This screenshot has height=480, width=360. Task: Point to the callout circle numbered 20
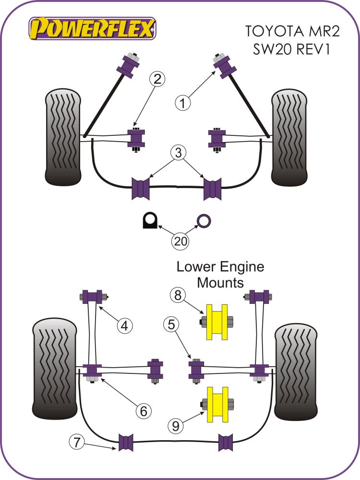click(x=180, y=241)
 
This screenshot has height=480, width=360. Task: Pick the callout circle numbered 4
click(x=125, y=326)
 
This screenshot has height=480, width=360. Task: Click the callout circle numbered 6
click(x=143, y=410)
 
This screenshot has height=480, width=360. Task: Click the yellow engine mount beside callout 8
click(x=216, y=322)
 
